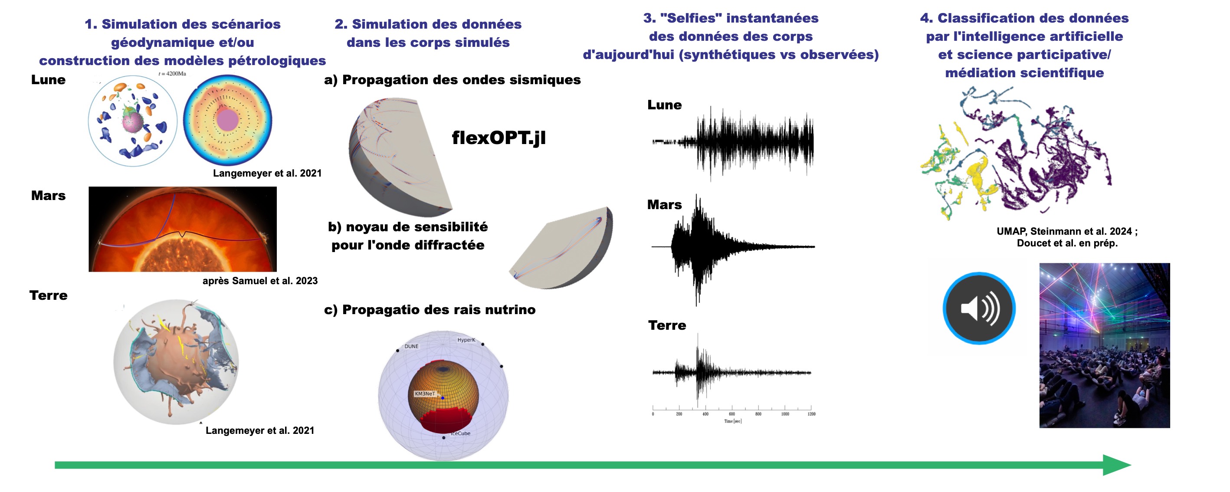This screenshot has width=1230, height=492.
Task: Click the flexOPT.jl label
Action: pos(499,138)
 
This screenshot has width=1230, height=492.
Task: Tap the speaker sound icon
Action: pos(979,308)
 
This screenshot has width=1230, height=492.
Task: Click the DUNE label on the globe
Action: pos(411,346)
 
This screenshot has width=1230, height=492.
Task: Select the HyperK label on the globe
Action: pos(466,340)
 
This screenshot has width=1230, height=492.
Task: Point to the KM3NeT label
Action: pos(424,394)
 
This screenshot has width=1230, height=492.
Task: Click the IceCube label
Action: pos(461,433)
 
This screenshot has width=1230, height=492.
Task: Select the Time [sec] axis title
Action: pos(732,421)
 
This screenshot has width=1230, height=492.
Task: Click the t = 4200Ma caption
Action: pos(172,74)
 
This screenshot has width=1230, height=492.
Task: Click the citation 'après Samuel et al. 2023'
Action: pos(260,281)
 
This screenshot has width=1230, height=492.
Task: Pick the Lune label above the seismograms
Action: pos(664,105)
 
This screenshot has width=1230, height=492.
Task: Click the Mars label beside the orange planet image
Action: pos(48,195)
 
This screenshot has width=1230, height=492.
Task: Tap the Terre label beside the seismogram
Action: pos(666,325)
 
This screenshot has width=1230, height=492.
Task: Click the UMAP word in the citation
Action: pos(1011,231)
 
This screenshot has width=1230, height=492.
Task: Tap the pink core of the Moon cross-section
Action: pos(227,120)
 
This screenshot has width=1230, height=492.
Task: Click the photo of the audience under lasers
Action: pos(1105,345)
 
